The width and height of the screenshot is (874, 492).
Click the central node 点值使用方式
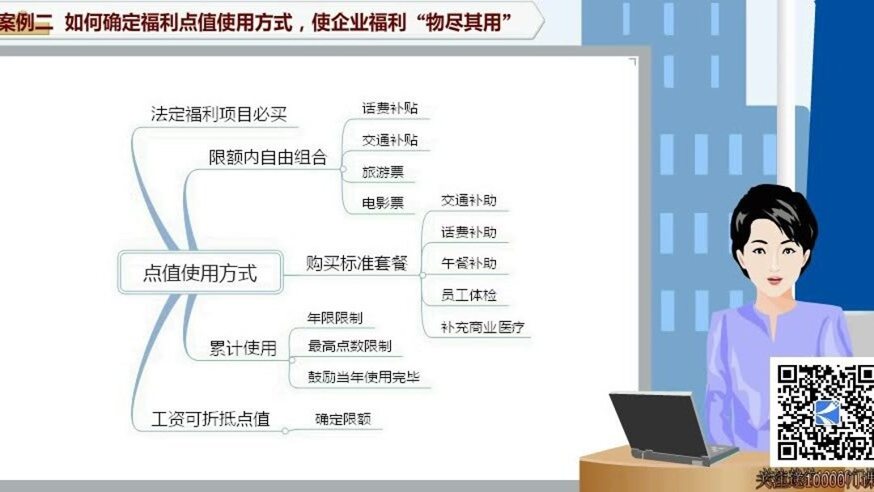pyautogui.click(x=200, y=273)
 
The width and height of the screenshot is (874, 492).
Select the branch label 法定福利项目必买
pyautogui.click(x=218, y=114)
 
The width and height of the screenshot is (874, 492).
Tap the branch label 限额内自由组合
pyautogui.click(x=268, y=157)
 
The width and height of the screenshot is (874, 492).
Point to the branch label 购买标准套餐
pyautogui.click(x=356, y=263)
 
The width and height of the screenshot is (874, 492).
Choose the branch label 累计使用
pyautogui.click(x=243, y=349)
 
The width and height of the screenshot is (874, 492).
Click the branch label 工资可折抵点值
pyautogui.click(x=210, y=418)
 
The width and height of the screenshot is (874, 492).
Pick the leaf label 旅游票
pyautogui.click(x=383, y=172)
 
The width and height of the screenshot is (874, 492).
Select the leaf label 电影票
pyautogui.click(x=383, y=203)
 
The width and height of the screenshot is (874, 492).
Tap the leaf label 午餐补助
pyautogui.click(x=469, y=263)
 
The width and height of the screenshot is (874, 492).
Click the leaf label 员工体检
pyautogui.click(x=469, y=295)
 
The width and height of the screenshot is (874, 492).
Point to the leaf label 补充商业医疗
pyautogui.click(x=482, y=328)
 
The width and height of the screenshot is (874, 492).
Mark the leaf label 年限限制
pyautogui.click(x=334, y=317)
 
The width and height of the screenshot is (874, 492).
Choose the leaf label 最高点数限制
pyautogui.click(x=349, y=346)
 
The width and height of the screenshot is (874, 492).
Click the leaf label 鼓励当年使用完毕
pyautogui.click(x=363, y=377)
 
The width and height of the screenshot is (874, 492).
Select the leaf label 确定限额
pyautogui.click(x=342, y=419)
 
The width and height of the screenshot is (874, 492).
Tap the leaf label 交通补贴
pyautogui.click(x=390, y=140)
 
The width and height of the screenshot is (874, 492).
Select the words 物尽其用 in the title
pyautogui.click(x=465, y=22)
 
